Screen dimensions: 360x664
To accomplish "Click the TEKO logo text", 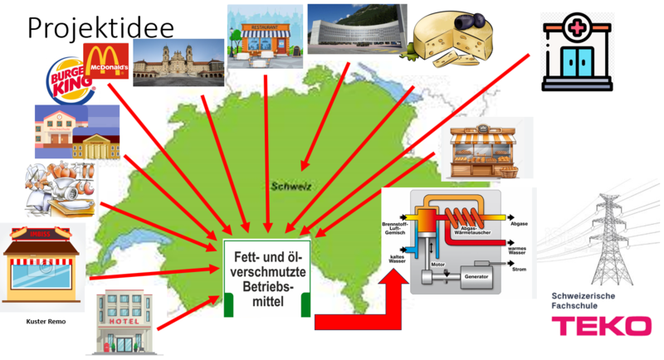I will click(x=602, y=326).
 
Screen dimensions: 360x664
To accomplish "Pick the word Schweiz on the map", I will click(x=290, y=187).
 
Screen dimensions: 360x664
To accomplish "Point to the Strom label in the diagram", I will click(x=520, y=269).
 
